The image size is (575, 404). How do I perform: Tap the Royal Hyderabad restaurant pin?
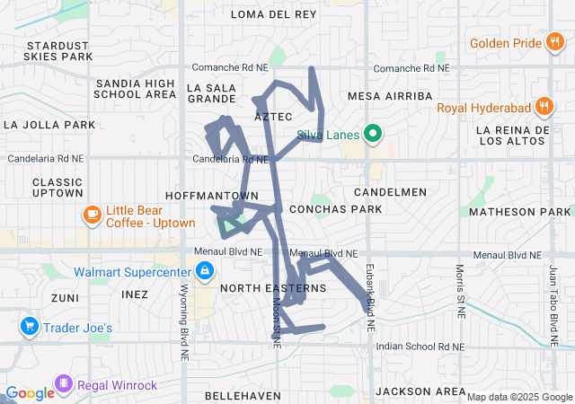(543, 108)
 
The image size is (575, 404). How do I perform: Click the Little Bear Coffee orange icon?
(92, 215)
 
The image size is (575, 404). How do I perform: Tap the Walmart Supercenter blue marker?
(205, 270)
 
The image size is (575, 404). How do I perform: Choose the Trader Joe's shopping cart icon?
(30, 327)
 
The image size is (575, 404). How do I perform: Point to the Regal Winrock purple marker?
(64, 385)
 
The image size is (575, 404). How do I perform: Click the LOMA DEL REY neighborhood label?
(274, 14)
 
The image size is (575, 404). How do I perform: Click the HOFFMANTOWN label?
(212, 195)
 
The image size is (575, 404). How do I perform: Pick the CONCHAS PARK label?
(335, 209)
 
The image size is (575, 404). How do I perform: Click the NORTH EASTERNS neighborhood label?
(272, 288)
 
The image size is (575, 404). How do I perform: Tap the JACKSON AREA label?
(420, 391)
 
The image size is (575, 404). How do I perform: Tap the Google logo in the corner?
(30, 392)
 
